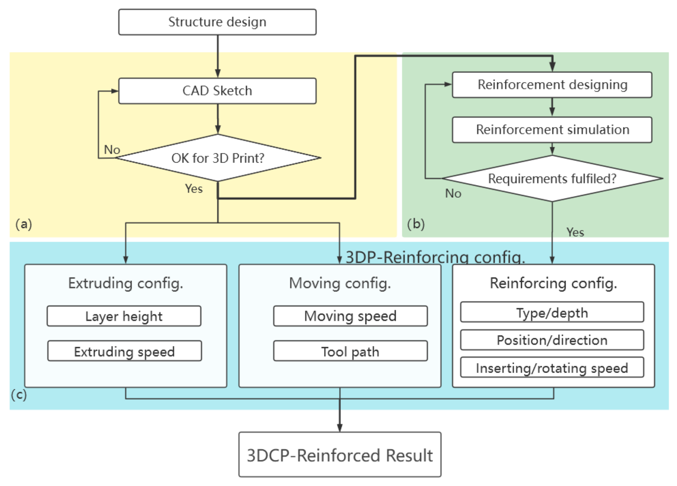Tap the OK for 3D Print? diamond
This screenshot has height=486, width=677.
coord(218,158)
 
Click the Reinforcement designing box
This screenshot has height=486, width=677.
coord(552,85)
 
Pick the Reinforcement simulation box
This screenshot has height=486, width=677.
coord(552,130)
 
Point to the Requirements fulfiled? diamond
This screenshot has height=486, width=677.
coord(552,178)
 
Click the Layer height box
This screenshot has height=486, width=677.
coord(124,316)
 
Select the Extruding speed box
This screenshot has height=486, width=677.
coord(125,351)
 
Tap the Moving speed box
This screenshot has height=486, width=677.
coord(350,316)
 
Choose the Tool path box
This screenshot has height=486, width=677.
coord(350,351)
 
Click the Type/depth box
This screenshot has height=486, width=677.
coord(552,312)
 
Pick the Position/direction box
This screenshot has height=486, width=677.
coord(552,340)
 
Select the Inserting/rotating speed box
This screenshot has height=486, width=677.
coord(552,367)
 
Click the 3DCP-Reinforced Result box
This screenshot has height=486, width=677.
coord(340,454)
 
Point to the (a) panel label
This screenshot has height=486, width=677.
coord(24,224)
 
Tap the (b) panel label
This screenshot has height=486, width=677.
coord(416,224)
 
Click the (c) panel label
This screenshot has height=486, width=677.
coord(19,395)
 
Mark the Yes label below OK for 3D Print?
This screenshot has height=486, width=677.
coord(194,189)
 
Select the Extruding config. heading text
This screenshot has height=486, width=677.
coord(126,283)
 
